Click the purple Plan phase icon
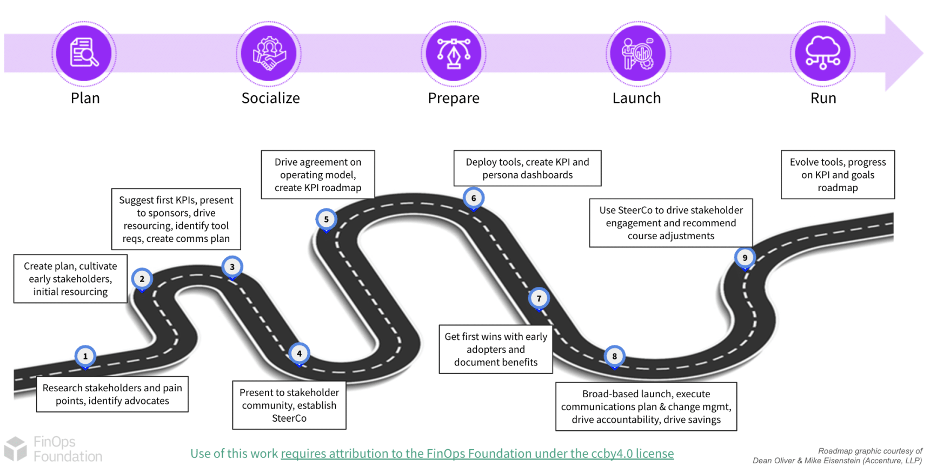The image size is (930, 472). (84, 53)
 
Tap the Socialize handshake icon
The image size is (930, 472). (269, 53)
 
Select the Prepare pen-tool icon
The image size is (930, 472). (454, 53)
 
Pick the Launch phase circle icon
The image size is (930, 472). (638, 53)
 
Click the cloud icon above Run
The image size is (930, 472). (822, 53)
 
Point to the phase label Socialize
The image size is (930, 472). (270, 98)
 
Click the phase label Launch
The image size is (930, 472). (636, 98)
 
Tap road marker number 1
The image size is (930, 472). (85, 356)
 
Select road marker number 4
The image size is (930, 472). (299, 353)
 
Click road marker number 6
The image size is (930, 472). (473, 198)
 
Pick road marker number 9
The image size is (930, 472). (745, 258)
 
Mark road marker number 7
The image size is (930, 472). (539, 298)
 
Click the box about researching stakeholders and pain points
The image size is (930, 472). (112, 394)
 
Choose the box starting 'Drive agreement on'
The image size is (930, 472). (318, 174)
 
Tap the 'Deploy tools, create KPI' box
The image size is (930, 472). (527, 168)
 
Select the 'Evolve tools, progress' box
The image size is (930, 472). (838, 174)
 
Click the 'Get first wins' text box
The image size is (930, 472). (496, 349)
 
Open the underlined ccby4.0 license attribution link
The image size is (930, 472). (477, 454)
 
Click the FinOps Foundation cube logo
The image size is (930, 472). (15, 449)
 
